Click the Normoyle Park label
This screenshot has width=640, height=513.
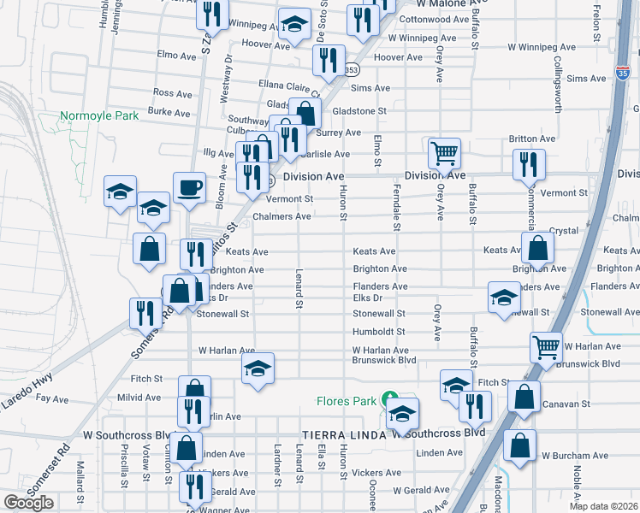(x=99, y=115)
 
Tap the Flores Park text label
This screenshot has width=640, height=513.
(x=347, y=400)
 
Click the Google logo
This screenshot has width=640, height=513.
(x=28, y=503)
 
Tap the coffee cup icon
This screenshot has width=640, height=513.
(x=189, y=186)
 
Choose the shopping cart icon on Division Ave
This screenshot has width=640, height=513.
(x=444, y=153)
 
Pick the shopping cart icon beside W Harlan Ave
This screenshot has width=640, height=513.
(x=546, y=346)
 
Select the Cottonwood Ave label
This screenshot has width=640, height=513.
(x=434, y=19)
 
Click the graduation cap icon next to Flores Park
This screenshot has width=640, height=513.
(x=401, y=414)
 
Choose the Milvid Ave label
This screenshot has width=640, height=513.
(x=140, y=398)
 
